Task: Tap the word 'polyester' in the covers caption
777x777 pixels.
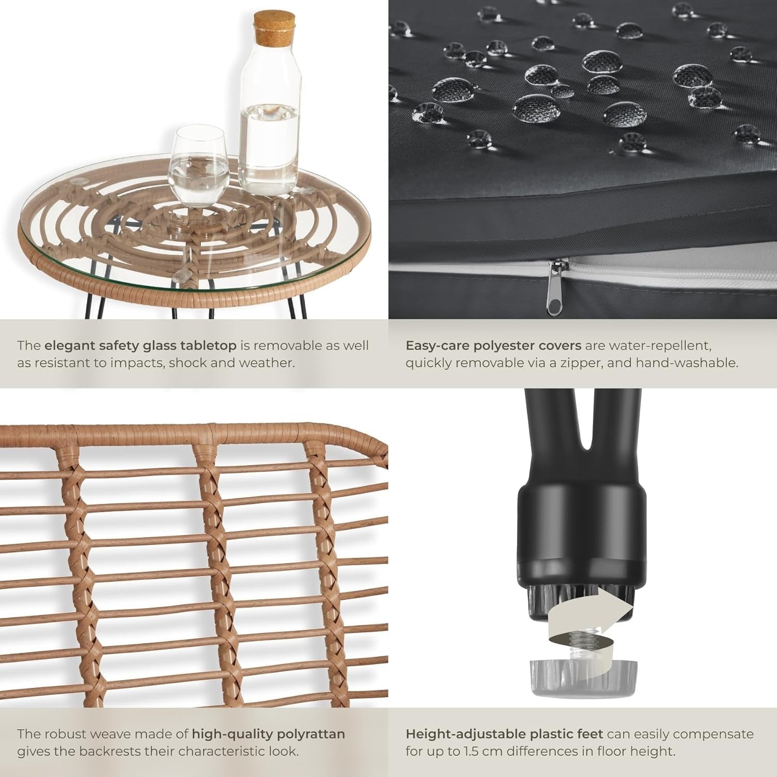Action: coord(520,346)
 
